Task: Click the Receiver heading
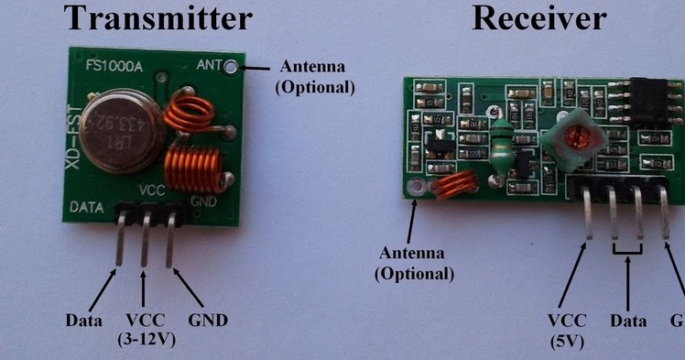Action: click(x=538, y=17)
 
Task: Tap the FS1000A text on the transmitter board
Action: click(x=113, y=66)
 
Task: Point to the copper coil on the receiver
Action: click(x=453, y=187)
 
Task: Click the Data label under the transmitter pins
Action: click(x=83, y=322)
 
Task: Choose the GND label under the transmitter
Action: click(x=207, y=322)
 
